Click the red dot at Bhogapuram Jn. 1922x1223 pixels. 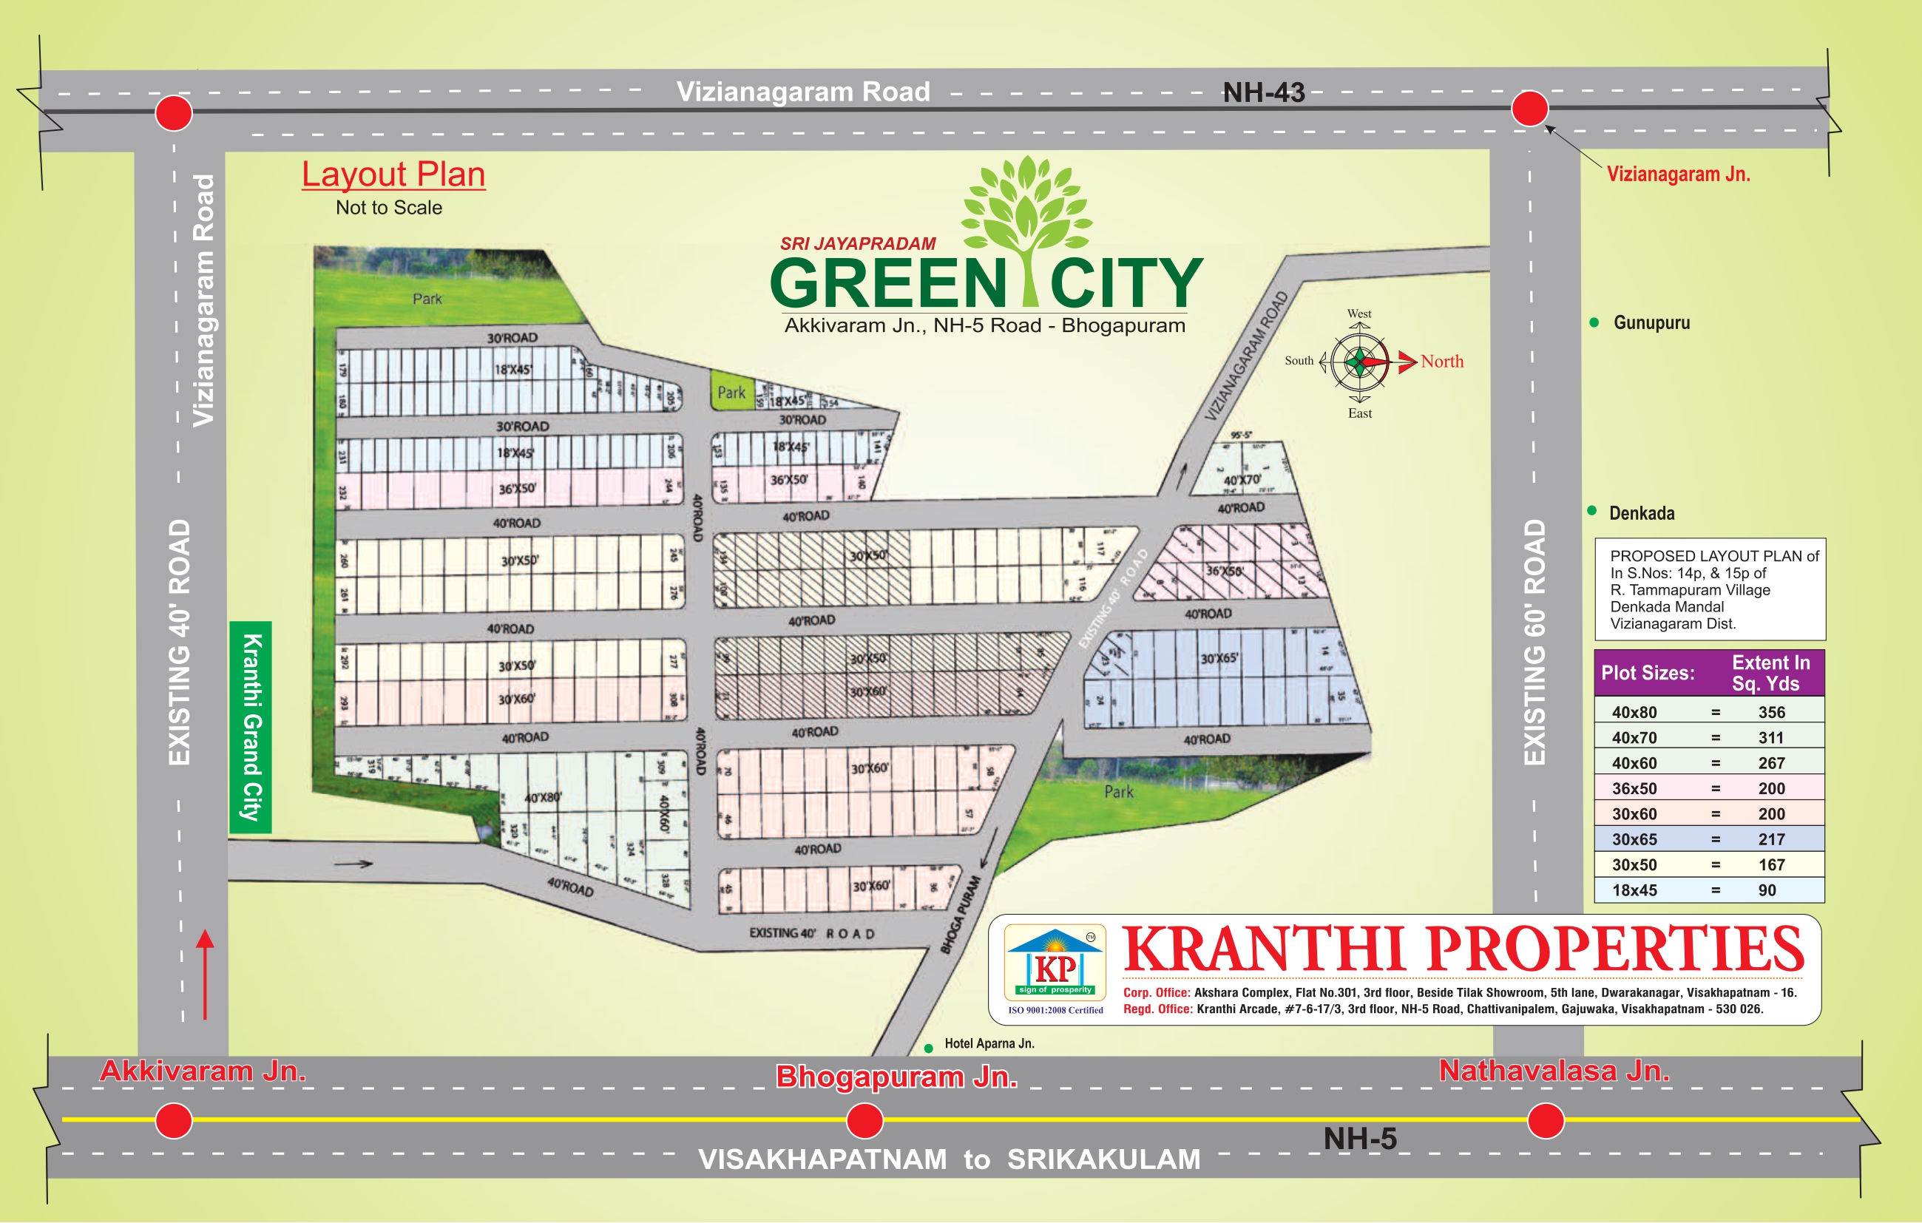point(864,1121)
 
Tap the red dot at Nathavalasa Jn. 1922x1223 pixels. point(1546,1121)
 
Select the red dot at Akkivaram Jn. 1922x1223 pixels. point(173,1121)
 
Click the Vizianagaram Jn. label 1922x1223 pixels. point(1678,174)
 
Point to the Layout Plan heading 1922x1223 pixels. point(393,174)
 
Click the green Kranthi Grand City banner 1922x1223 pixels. point(251,726)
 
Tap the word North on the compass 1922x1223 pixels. point(1441,362)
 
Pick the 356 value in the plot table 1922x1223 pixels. point(1771,712)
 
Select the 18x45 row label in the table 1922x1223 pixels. point(1634,890)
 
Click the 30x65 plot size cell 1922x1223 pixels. point(1634,839)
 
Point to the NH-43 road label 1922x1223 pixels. point(1264,92)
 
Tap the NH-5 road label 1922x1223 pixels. point(1359,1139)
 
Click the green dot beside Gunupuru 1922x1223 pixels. point(1594,322)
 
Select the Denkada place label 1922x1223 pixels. point(1641,513)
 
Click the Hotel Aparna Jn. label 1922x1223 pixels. point(989,1043)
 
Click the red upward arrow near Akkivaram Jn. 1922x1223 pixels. point(205,974)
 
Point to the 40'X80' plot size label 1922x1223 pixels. point(543,798)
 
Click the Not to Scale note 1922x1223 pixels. point(389,208)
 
